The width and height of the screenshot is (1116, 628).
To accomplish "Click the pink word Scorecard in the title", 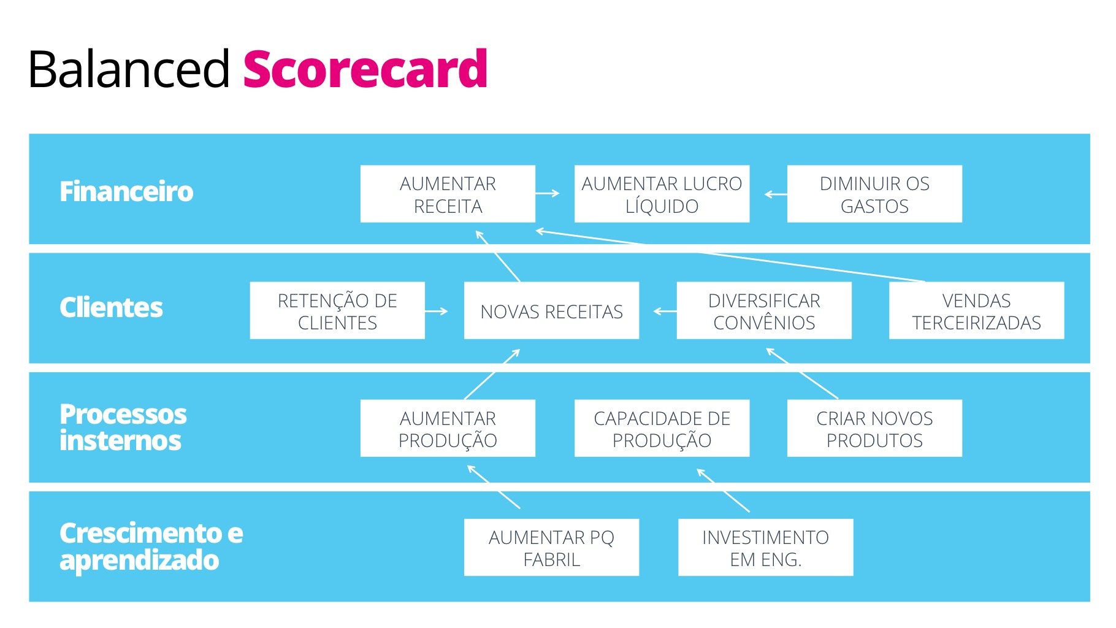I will point(365,69).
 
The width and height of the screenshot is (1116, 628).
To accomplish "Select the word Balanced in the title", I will point(129,69).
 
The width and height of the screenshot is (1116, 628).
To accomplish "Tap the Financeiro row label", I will point(126,191).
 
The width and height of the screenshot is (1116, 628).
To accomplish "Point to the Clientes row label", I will point(111,307).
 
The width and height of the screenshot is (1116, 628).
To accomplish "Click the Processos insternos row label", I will point(123,427).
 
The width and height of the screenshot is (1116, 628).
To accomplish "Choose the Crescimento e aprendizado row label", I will point(151,546).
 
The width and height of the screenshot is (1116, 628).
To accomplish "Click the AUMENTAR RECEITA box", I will point(448,194).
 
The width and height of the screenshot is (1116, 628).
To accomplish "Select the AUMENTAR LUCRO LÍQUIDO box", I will point(662,194).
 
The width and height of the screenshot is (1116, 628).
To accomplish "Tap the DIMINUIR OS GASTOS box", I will point(874,194).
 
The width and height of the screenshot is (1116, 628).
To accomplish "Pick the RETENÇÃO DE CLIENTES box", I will point(337,311).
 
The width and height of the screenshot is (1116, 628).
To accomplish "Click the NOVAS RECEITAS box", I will point(551,311).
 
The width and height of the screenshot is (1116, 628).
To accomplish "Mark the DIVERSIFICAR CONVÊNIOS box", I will point(764,311).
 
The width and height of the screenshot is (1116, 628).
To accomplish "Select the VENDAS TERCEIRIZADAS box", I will point(976,311).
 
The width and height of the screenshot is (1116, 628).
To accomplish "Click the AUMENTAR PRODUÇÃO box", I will point(448,429).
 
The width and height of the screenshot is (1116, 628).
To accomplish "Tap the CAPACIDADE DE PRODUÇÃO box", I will point(662,429).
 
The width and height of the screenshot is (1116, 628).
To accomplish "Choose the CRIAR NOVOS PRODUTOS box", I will point(874,429).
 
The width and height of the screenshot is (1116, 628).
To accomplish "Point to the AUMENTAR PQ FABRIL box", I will point(551,548).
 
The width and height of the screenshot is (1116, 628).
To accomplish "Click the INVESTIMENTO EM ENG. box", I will point(765,548).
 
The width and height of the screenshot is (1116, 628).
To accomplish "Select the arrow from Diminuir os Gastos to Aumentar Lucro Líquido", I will point(776,194).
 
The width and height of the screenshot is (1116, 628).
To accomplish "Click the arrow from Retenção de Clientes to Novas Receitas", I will point(436,312).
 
